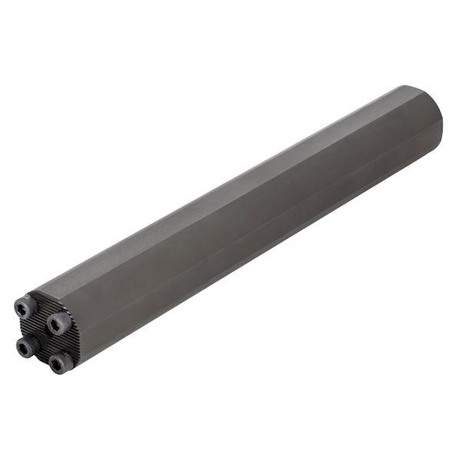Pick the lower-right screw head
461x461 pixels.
[59, 362]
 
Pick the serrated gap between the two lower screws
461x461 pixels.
[43, 355]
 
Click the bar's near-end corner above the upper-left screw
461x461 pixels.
[35, 295]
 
